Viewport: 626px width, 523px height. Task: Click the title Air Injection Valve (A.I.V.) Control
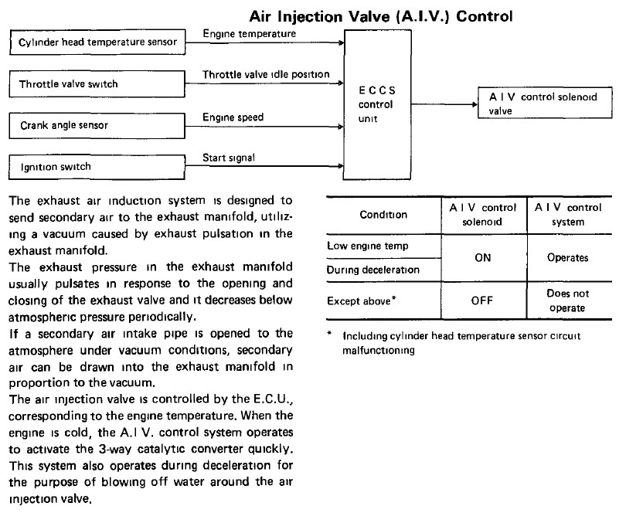[x=381, y=17]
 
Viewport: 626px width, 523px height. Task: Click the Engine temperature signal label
[x=250, y=34]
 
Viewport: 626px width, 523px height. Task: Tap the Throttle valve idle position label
[x=266, y=75]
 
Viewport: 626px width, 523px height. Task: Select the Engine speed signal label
[x=233, y=117]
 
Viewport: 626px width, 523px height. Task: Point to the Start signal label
[x=229, y=158]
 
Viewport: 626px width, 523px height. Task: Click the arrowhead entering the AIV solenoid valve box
[x=475, y=104]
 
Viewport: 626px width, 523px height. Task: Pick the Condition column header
[x=383, y=215]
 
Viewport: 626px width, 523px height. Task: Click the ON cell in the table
[x=483, y=258]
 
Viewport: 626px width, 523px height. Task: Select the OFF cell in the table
[x=482, y=301]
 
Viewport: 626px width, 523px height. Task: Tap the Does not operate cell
[x=567, y=301]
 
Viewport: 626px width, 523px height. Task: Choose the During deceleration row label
[x=373, y=270]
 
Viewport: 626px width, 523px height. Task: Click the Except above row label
[x=362, y=301]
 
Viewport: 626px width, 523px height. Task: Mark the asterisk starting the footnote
[x=329, y=333]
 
